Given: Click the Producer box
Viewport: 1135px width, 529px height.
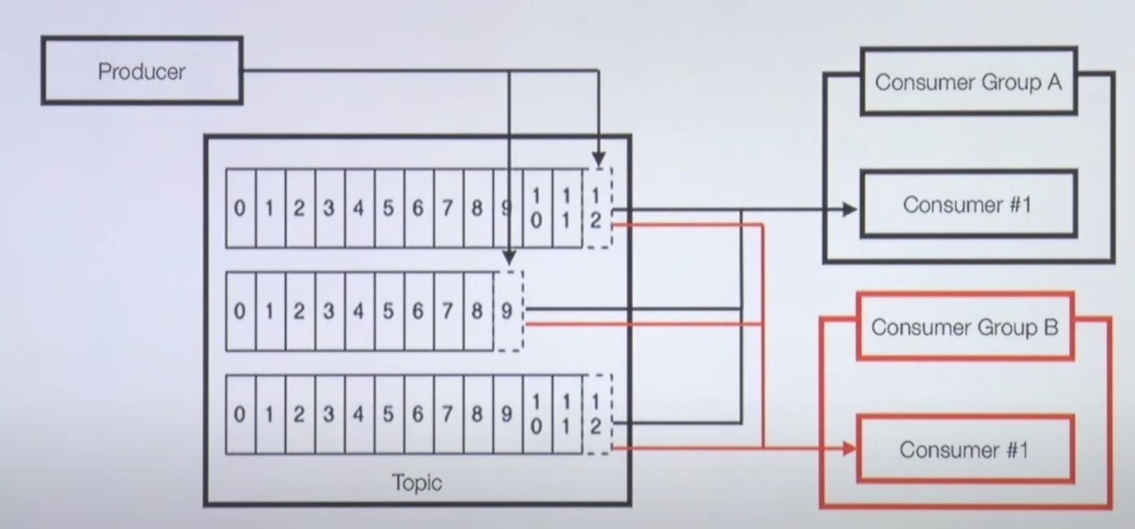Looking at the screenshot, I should (142, 71).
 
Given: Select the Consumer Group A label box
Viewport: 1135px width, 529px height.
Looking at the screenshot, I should (968, 81).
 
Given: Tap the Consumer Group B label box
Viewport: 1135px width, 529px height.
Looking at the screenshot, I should (965, 327).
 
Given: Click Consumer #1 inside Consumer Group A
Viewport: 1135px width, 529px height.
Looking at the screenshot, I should (968, 204).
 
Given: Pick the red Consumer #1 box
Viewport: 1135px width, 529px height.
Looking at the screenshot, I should (965, 449).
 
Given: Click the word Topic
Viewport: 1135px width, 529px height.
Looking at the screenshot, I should (417, 482).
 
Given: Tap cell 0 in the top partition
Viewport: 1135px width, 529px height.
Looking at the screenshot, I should (240, 208).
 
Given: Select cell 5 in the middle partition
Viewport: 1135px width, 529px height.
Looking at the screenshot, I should (388, 311).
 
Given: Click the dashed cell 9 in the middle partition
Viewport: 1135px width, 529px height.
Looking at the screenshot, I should (508, 311).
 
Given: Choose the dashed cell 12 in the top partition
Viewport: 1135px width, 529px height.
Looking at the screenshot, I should (597, 208).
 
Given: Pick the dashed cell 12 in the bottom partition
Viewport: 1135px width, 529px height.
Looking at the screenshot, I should (597, 414).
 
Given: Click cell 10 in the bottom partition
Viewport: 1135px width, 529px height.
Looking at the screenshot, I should (537, 414).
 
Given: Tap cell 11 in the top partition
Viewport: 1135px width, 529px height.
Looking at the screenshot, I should (566, 208).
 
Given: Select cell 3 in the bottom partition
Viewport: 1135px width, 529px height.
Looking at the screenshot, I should (329, 414).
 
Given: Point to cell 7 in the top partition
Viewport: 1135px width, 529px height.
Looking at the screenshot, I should (447, 208).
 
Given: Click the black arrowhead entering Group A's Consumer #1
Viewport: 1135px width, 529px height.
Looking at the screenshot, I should (849, 209).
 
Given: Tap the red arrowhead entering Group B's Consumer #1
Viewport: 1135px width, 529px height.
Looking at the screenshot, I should (849, 448).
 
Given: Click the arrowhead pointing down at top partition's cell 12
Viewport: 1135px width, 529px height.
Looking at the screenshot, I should (599, 159).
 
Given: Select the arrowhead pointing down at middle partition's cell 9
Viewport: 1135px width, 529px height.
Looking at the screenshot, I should (509, 257).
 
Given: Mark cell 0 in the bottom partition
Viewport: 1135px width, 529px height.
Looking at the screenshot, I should (240, 414).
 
